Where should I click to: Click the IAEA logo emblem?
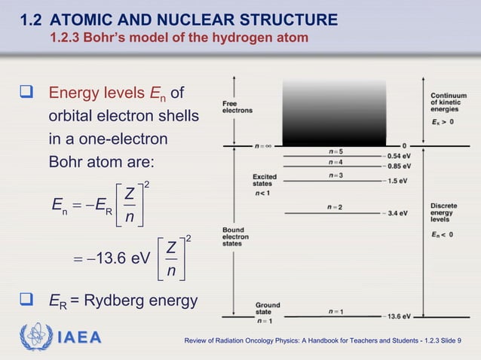tap(35, 337)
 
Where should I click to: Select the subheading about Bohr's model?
tap(179, 38)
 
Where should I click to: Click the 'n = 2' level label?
tap(335, 207)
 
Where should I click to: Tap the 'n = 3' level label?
tap(335, 175)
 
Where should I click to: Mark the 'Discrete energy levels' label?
tap(444, 213)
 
